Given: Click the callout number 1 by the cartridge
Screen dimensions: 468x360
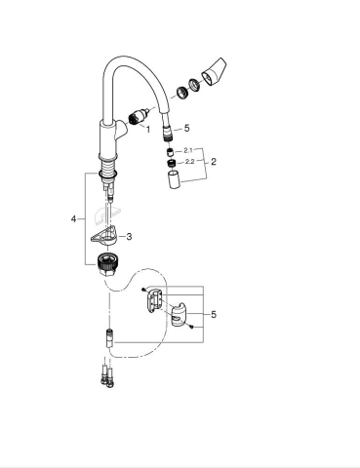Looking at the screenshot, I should (148, 129).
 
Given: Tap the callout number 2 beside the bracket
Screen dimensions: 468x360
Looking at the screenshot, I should (214, 162).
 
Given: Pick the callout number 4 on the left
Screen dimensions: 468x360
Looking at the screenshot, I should (73, 220).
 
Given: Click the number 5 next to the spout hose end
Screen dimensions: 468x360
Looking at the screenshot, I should (187, 129).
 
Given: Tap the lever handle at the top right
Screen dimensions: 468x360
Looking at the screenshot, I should (213, 74).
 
